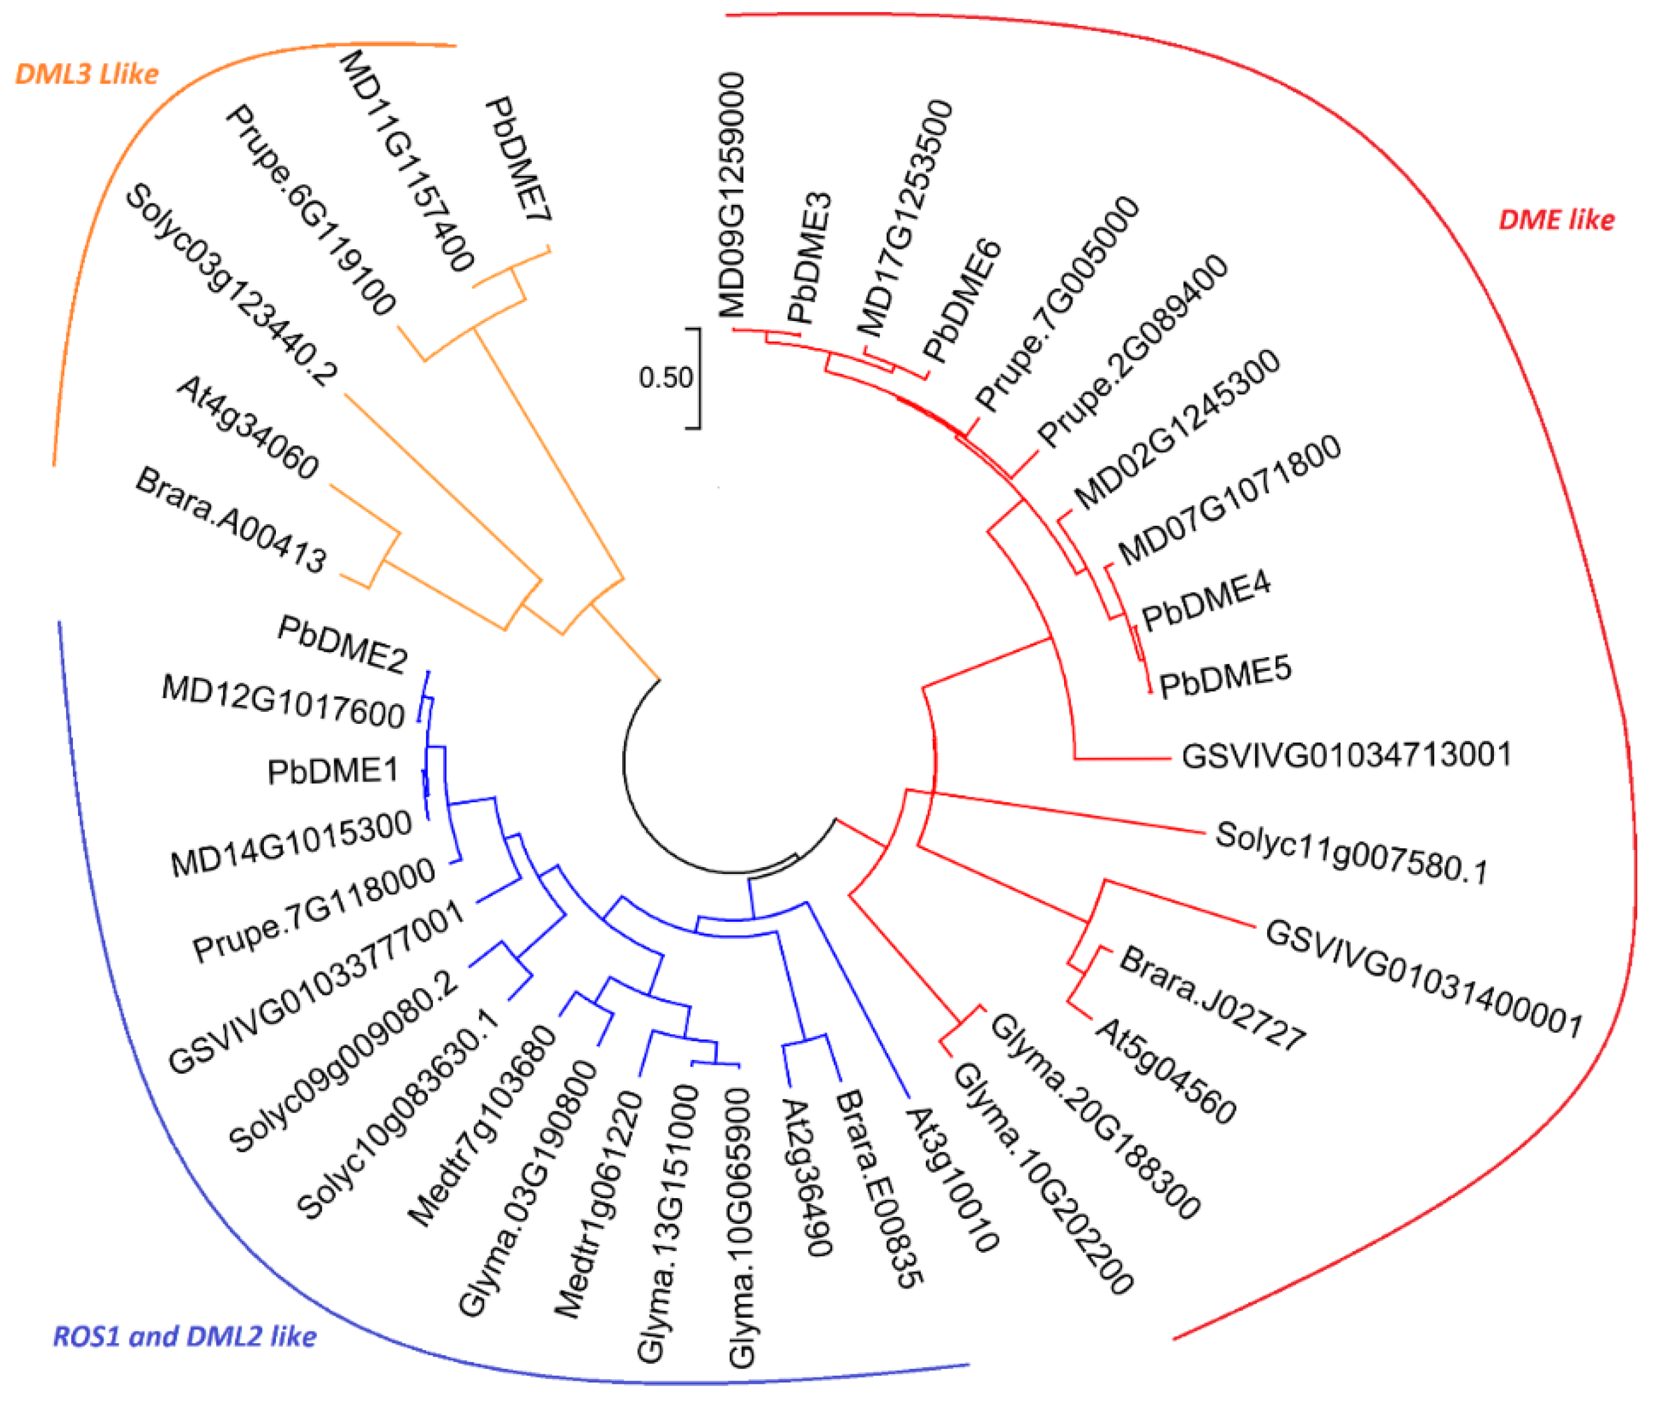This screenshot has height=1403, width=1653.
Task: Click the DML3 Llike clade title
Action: coord(87,74)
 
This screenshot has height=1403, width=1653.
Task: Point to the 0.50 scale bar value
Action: coord(665,377)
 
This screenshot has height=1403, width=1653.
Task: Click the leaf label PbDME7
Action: coord(518,159)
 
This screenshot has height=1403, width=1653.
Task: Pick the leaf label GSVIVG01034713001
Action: coord(1345,755)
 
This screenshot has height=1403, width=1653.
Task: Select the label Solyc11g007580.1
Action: coord(1350,853)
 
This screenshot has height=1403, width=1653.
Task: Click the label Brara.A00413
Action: coord(231,521)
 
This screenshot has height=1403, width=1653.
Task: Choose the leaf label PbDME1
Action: coord(332,772)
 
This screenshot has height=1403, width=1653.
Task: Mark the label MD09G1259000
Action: coord(731,195)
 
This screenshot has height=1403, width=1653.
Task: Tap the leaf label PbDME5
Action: coord(1225,677)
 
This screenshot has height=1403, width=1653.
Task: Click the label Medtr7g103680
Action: coord(482,1125)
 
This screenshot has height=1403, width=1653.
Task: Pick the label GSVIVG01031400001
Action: coord(1423,978)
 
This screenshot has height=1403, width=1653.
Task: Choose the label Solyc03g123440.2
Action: coord(231,285)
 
